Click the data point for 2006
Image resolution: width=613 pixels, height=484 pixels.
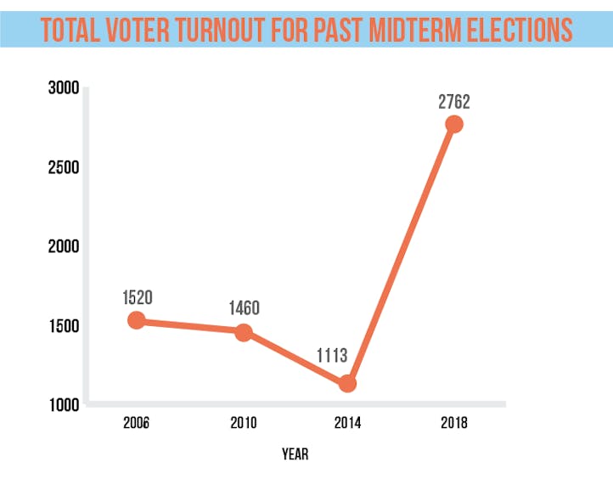click(137, 320)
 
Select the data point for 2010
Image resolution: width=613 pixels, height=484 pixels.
click(244, 332)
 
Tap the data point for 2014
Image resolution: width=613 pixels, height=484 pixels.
click(346, 384)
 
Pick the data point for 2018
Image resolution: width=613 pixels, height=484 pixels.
click(454, 124)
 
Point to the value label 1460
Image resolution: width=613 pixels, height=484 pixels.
click(245, 308)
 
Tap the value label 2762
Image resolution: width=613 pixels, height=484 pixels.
click(454, 102)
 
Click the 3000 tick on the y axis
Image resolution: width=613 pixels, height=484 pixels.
click(63, 87)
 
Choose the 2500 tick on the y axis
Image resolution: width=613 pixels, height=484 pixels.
click(63, 167)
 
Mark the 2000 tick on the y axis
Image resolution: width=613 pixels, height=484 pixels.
click(63, 246)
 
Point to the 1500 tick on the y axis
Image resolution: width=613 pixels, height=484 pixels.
click(63, 326)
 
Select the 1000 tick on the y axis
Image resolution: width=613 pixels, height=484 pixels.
click(63, 405)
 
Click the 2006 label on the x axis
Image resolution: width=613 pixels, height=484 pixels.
click(136, 423)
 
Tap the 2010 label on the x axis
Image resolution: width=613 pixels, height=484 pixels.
click(244, 423)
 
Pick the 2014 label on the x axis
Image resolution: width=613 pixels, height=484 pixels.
click(346, 423)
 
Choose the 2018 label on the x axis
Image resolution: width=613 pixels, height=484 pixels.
click(454, 423)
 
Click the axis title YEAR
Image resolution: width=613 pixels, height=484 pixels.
click(295, 454)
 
